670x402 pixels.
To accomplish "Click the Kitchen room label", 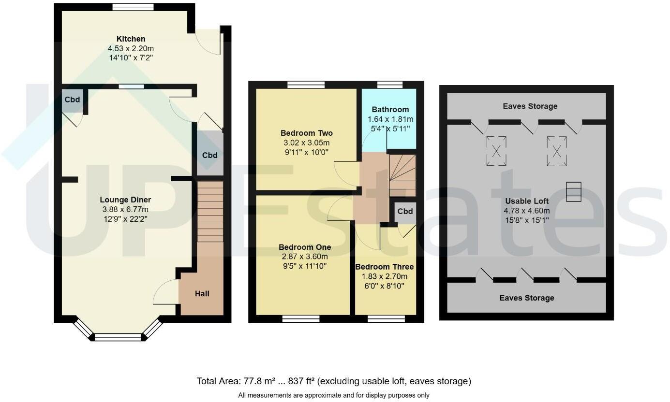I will point(131,39).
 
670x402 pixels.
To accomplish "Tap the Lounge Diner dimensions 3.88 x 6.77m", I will point(125,209).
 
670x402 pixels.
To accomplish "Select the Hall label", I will point(202,293).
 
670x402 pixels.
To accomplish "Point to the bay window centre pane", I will point(118,337).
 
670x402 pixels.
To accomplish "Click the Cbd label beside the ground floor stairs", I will point(209,155).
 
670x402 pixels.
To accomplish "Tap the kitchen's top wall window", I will point(133,7).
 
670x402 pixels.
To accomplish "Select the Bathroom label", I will point(390,109).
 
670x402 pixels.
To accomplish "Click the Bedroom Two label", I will point(306,133).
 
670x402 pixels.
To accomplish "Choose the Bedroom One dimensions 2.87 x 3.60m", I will point(305,257).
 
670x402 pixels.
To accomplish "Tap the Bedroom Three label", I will point(385,267).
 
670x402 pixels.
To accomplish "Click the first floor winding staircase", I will point(402,175).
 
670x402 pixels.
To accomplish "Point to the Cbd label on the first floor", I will point(405,211).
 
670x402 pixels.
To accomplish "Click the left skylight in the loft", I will point(496,151).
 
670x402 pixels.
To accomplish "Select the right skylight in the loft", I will point(557,151).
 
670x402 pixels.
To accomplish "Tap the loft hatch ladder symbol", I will point(573,191).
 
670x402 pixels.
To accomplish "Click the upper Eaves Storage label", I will point(530,106).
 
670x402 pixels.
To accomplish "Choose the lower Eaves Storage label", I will point(527,298).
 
